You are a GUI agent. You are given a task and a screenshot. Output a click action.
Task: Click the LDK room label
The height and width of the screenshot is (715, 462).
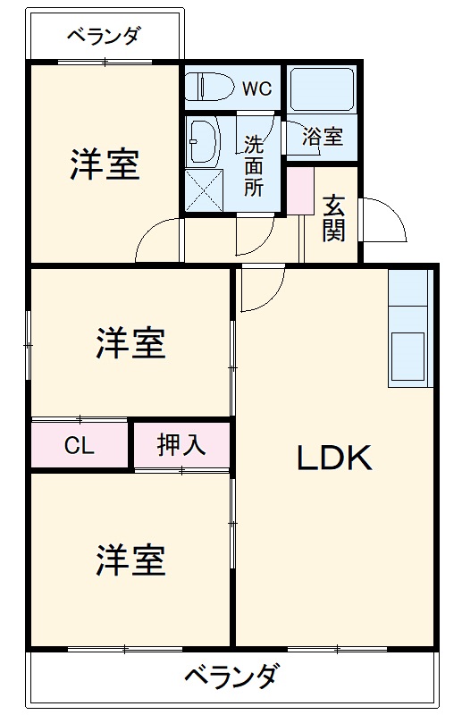coord(333,458)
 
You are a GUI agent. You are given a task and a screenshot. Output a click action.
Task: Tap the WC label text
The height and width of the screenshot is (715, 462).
coord(256,88)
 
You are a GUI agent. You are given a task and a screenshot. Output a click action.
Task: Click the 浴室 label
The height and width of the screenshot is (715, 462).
coord(323,138)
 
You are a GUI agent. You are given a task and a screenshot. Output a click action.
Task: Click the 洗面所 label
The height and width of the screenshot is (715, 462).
coord(254,165)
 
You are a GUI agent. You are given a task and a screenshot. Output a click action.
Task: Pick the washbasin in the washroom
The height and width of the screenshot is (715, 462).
coord(205,140)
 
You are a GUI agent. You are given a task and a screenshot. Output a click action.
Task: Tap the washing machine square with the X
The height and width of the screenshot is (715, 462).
coord(204,190)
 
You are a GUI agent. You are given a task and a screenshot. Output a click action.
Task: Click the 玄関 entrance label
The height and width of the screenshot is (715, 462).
coord(334,217)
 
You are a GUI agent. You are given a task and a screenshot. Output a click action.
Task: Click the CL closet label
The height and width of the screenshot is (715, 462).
coord(79,446)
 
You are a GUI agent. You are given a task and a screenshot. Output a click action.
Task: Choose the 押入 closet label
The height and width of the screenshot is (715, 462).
coord(181,445)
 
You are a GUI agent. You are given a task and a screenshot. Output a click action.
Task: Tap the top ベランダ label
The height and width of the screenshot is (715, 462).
coord(104,37)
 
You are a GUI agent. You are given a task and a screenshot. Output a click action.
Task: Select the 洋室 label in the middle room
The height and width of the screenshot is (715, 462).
coord(130,343)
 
